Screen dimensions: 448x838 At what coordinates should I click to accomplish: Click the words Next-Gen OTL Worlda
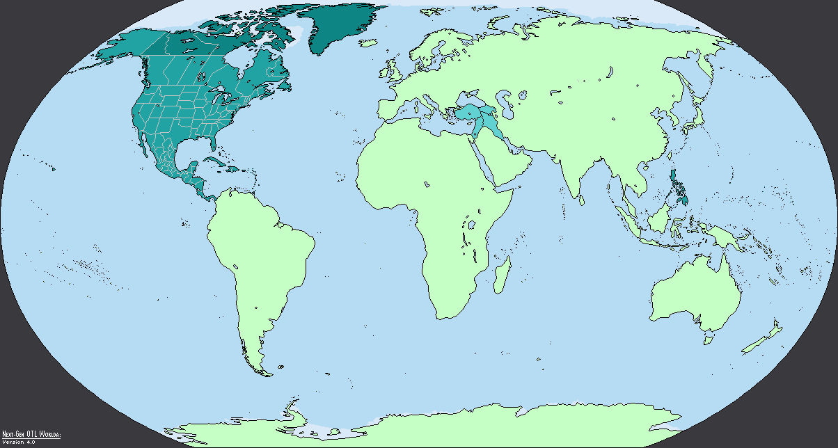pyautogui.click(x=31, y=434)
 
